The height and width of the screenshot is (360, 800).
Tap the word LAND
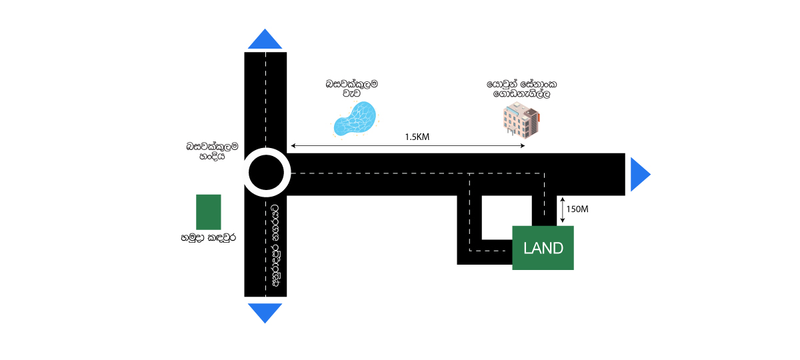coord(543,249)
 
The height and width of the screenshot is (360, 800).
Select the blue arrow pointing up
coord(265,40)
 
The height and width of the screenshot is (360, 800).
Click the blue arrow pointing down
coord(265,312)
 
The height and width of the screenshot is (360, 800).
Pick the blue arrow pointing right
coord(639,175)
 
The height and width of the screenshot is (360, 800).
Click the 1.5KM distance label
coord(417,137)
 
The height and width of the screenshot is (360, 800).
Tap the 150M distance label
coord(577,209)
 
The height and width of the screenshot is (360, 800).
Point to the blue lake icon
coord(356,119)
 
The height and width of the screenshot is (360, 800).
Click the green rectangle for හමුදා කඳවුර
coord(208,212)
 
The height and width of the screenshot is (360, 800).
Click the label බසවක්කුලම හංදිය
coord(213,151)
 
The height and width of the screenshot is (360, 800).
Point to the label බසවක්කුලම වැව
coord(352,89)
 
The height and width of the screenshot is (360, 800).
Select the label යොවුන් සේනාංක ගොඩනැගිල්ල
coord(521,90)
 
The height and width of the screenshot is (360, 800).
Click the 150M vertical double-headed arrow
coord(562,209)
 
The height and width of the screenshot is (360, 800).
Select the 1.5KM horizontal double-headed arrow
coord(407,146)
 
